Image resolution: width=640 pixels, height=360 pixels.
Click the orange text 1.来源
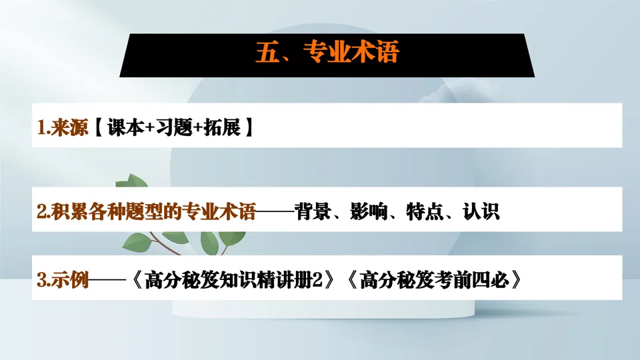pyautogui.click(x=63, y=128)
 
